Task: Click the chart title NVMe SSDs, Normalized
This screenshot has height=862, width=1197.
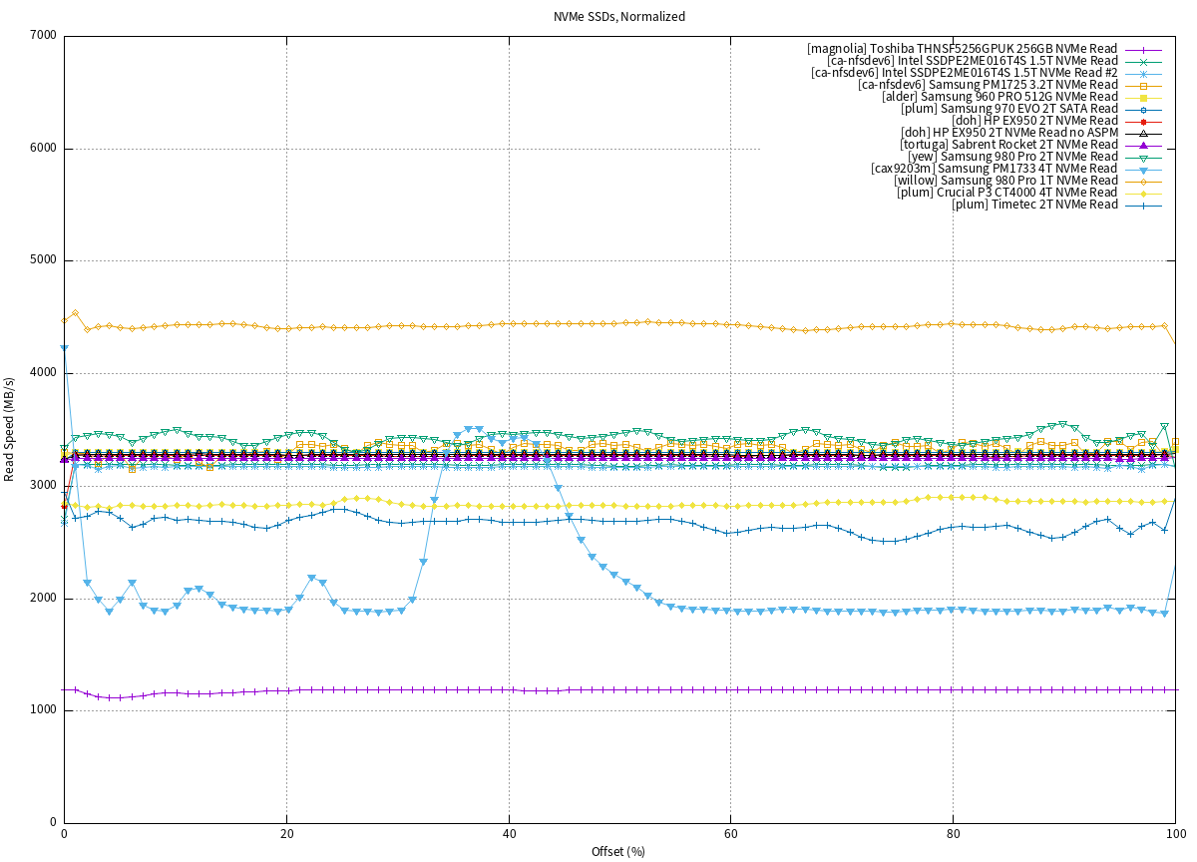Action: click(619, 17)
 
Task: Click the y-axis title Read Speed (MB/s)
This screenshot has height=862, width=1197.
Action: click(10, 429)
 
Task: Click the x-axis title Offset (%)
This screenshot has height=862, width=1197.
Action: click(619, 851)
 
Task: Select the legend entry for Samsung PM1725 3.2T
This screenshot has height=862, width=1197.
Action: click(988, 85)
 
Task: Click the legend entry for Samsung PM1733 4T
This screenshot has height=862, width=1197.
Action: click(994, 169)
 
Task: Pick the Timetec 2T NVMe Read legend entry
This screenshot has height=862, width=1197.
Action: click(1034, 205)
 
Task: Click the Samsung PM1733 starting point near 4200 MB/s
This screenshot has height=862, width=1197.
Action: click(64, 347)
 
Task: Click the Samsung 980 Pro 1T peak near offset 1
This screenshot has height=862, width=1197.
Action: click(75, 313)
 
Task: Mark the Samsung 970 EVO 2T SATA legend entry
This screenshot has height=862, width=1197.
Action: click(1016, 109)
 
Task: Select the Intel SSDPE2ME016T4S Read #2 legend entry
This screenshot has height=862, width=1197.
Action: click(964, 73)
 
